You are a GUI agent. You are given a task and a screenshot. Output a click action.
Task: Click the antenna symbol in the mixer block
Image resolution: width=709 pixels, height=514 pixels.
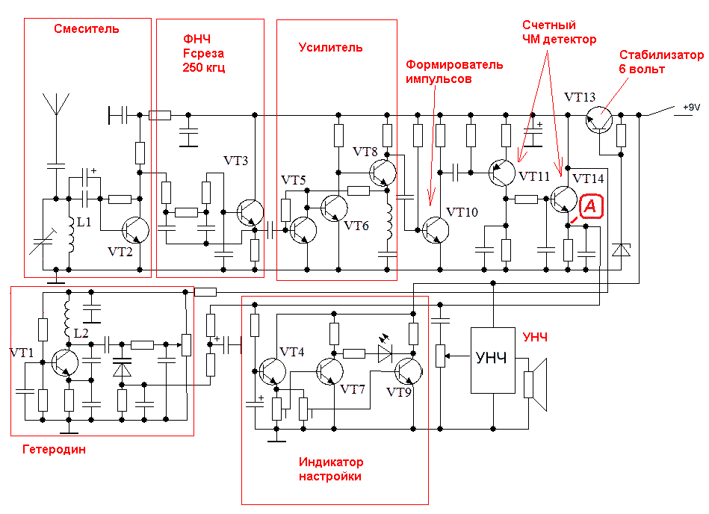pyautogui.click(x=56, y=105)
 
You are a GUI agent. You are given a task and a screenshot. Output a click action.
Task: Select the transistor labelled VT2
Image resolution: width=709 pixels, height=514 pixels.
pyautogui.click(x=135, y=230)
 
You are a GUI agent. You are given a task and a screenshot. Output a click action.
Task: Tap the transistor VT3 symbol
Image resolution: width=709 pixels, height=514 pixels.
pyautogui.click(x=250, y=212)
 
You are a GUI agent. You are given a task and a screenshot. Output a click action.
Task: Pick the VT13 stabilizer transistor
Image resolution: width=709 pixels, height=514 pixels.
pyautogui.click(x=599, y=120)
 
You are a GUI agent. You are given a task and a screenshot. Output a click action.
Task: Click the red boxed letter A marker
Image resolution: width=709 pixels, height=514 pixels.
pyautogui.click(x=591, y=206)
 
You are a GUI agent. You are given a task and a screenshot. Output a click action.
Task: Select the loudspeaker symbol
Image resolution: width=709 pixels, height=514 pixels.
pyautogui.click(x=536, y=385)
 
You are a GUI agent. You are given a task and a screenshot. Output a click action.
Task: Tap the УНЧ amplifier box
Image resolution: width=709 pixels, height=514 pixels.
pyautogui.click(x=493, y=360)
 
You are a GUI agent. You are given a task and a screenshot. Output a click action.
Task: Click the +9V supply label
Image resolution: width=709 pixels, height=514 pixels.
pyautogui.click(x=691, y=107)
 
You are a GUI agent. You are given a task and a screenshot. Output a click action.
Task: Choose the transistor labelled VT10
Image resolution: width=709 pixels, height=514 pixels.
pyautogui.click(x=436, y=230)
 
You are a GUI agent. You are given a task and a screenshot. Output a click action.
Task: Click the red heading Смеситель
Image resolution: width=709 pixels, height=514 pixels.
pyautogui.click(x=87, y=29)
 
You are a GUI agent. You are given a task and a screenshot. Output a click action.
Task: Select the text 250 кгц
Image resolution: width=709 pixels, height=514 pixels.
pyautogui.click(x=203, y=68)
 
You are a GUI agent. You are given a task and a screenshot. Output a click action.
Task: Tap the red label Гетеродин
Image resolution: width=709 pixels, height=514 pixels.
pyautogui.click(x=54, y=449)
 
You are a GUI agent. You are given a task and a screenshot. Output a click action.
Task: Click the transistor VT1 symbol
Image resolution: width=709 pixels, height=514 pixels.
pyautogui.click(x=65, y=362)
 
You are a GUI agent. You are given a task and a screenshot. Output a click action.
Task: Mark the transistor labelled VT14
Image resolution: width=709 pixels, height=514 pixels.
pyautogui.click(x=564, y=199)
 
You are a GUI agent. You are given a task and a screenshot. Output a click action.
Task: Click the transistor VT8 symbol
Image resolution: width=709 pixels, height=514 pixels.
pyautogui.click(x=383, y=173)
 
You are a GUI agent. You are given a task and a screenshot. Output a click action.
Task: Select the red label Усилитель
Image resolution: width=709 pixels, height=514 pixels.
pyautogui.click(x=330, y=48)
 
